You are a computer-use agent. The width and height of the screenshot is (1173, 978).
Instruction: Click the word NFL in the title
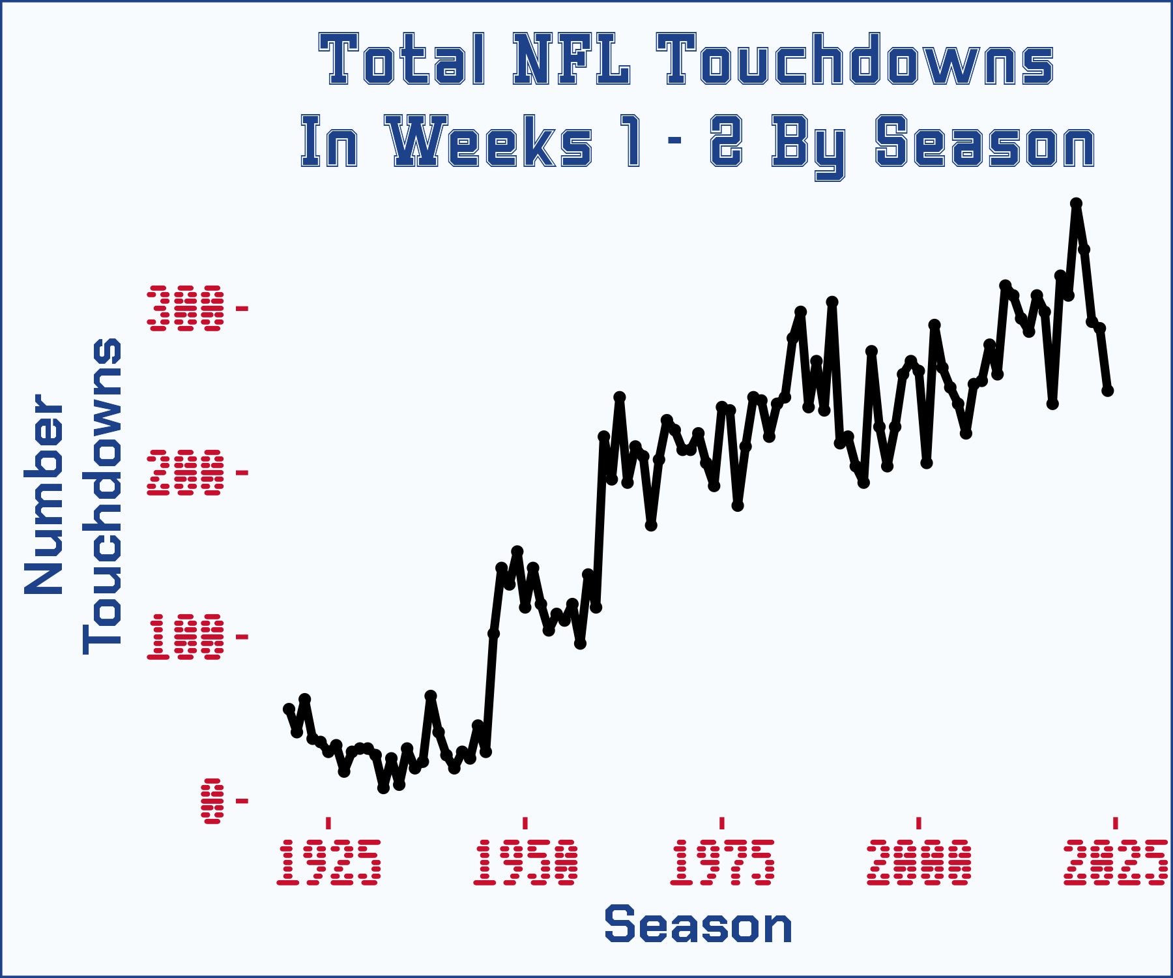(572, 60)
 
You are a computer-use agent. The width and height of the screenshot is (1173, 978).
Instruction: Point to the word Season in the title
(985, 141)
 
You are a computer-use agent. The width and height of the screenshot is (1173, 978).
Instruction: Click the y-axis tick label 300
(186, 308)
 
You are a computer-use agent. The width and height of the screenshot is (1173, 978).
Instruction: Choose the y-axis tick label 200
(186, 472)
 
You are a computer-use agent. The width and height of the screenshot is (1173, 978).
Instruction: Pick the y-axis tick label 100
(186, 636)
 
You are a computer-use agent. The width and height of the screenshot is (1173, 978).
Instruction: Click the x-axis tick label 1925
(328, 862)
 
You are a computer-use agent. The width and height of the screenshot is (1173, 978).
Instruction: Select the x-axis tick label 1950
(525, 862)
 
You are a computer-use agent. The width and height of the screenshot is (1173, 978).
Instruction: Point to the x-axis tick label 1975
(722, 862)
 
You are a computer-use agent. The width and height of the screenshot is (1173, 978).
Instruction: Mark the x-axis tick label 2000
(919, 862)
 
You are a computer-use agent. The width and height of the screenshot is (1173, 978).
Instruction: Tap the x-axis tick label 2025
(1115, 862)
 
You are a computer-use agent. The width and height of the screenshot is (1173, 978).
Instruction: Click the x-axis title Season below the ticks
(698, 925)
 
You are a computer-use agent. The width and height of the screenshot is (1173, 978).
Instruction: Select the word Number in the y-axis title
(44, 494)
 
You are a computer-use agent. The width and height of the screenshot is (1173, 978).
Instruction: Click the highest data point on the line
(1077, 204)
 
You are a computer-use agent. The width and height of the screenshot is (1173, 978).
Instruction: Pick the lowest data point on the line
(383, 788)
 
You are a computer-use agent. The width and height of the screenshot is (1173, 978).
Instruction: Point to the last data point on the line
(1108, 391)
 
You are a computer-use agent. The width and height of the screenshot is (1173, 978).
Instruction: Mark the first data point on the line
(289, 709)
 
